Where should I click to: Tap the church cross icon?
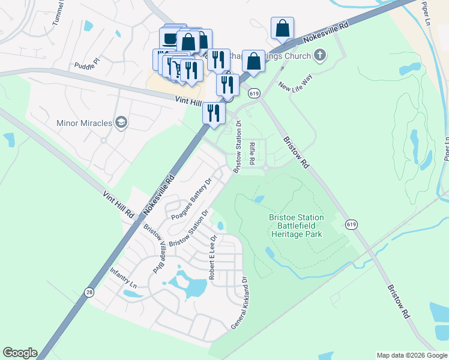click(320, 56)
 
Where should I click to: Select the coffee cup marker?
click(170, 39)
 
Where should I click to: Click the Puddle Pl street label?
click(89, 64)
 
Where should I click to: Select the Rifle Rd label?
click(252, 153)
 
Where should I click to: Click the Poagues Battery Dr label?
click(192, 199)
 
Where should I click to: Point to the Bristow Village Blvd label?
click(154, 249)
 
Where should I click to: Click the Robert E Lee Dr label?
click(212, 257)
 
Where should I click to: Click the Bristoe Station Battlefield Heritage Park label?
click(297, 226)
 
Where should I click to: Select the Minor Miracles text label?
click(85, 123)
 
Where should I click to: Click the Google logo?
click(20, 353)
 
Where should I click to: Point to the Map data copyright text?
click(412, 355)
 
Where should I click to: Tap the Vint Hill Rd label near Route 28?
click(118, 204)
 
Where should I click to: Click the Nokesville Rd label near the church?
click(326, 34)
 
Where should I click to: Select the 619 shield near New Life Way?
click(255, 94)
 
